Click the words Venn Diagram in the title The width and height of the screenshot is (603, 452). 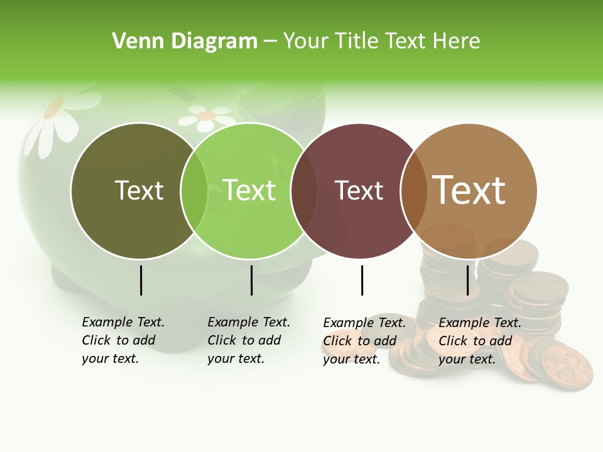pos(185,41)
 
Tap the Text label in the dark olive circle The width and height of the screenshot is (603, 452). pos(139,190)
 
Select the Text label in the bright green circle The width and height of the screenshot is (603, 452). pos(249,190)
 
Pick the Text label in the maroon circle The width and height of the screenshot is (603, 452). pos(359,190)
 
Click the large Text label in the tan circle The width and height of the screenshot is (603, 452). pos(469,190)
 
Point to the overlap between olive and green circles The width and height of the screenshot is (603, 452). pos(194,190)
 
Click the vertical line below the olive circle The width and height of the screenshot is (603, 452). pos(141,280)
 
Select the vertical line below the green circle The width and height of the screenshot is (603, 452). pos(251,280)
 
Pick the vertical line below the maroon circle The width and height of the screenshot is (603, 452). pos(362,280)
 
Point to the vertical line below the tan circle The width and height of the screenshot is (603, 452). pos(467,280)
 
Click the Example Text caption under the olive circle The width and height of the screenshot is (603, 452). pos(123,340)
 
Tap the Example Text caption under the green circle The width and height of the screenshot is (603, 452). pos(249,340)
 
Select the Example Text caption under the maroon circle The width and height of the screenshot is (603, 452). pos(364,341)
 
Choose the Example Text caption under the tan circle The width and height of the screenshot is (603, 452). pos(480,341)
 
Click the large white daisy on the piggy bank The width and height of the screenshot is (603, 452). pos(60,116)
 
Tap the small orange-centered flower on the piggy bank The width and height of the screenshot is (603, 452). pos(206,117)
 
